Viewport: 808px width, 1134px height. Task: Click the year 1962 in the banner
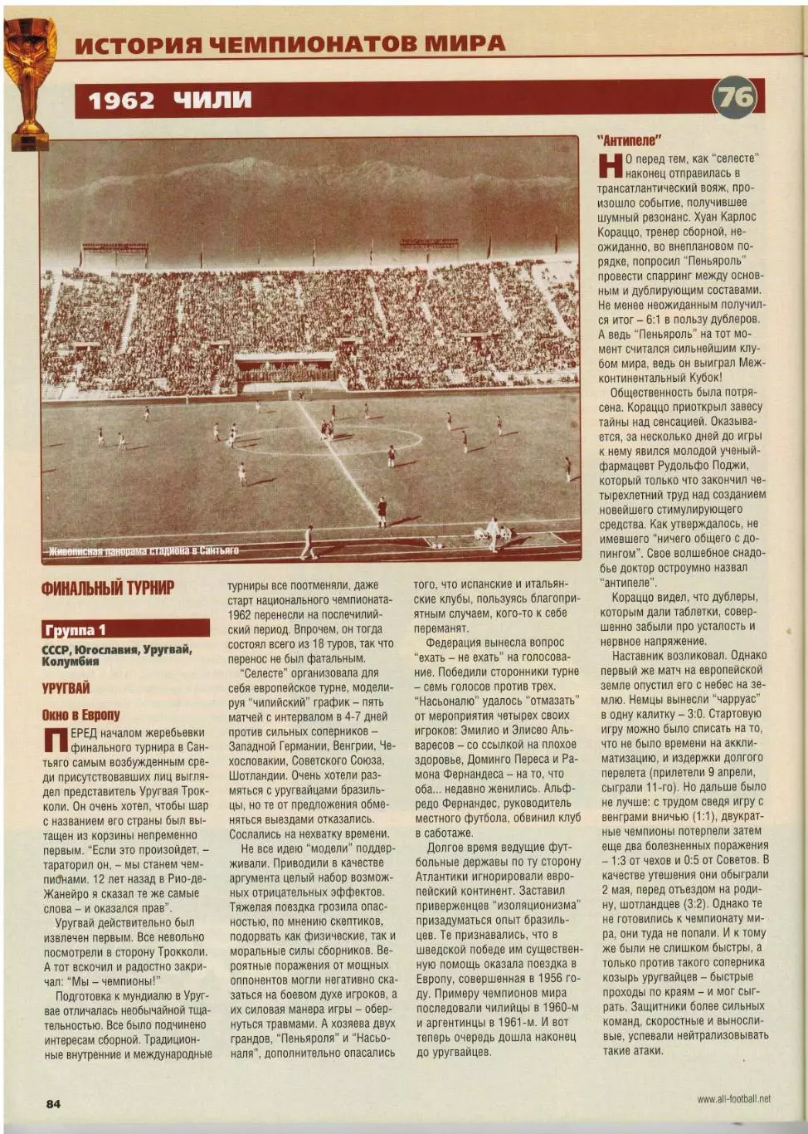[121, 100]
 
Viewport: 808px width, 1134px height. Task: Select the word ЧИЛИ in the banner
[212, 100]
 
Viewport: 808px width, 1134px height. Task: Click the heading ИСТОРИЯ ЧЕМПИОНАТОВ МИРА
[290, 44]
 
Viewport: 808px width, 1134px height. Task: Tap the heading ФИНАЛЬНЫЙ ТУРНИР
[108, 588]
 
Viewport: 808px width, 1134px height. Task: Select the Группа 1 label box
[125, 628]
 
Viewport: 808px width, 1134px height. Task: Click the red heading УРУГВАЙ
[66, 688]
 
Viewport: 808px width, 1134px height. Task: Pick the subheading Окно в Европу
[80, 715]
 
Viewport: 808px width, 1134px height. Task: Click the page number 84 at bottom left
[53, 1103]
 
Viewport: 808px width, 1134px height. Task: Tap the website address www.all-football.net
[733, 1099]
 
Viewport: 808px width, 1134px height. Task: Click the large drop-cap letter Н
[610, 165]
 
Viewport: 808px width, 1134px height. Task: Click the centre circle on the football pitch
[328, 438]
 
